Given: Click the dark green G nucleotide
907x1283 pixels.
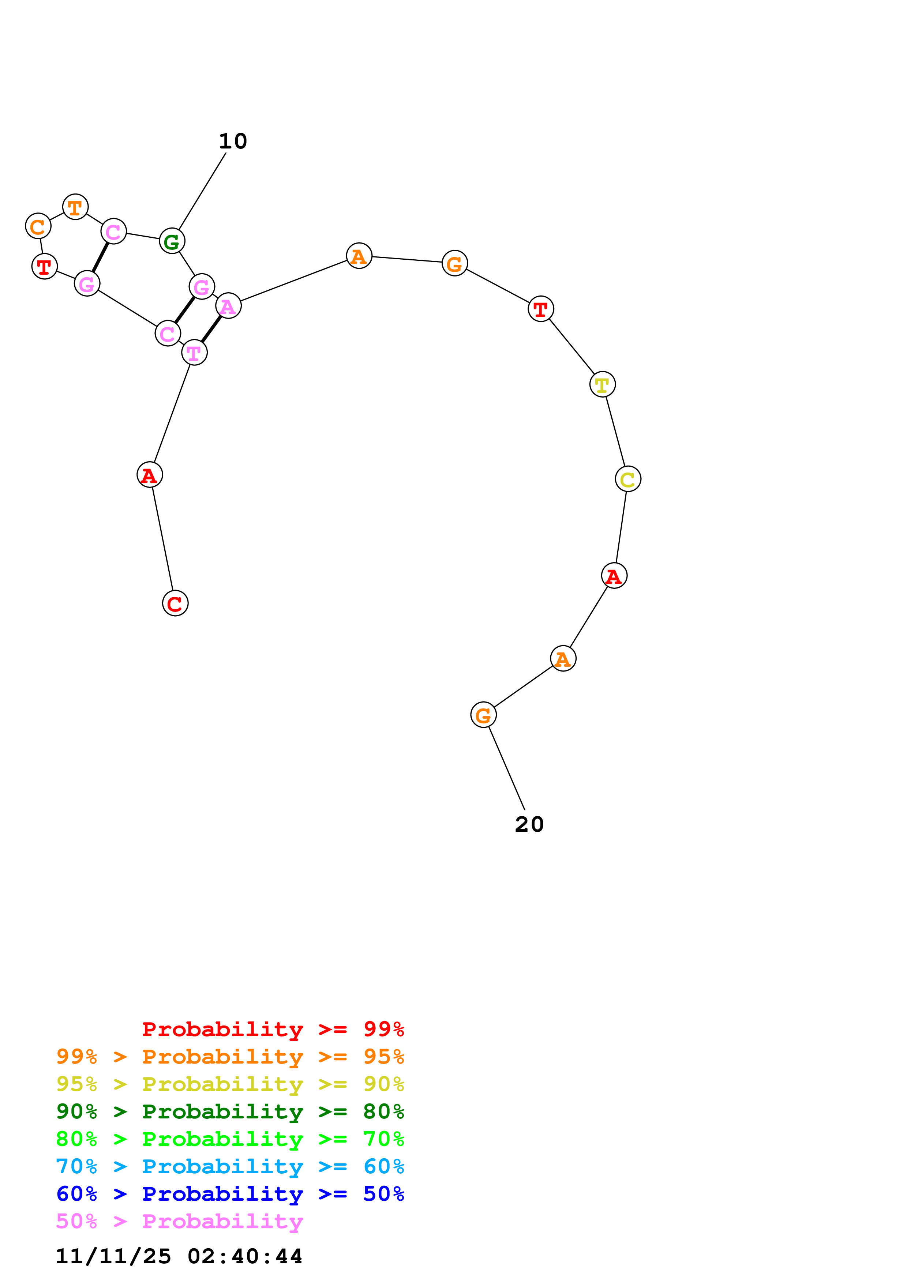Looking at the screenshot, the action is click(172, 241).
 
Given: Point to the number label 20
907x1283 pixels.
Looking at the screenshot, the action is click(529, 824).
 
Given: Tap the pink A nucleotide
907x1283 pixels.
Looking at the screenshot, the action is click(228, 306).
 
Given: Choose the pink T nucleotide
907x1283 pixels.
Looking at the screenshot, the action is click(194, 353).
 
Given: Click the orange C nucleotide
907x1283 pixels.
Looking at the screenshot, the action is click(38, 226).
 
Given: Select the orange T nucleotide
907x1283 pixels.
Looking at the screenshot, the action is click(75, 207).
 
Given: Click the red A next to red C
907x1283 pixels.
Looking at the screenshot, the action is click(149, 475).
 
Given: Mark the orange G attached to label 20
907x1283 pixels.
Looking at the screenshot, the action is click(483, 715).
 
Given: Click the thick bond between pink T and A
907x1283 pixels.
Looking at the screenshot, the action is click(211, 329).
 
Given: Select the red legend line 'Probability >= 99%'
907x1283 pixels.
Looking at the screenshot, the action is click(273, 1029).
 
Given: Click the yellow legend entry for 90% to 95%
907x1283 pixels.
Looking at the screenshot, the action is click(230, 1084).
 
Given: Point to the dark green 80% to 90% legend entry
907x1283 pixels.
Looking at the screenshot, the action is click(230, 1111).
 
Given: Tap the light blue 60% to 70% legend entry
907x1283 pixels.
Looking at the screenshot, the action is click(230, 1166).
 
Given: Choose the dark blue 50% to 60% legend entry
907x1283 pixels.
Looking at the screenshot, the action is click(230, 1194).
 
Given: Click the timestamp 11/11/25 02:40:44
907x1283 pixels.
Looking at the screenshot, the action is click(179, 1256).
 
